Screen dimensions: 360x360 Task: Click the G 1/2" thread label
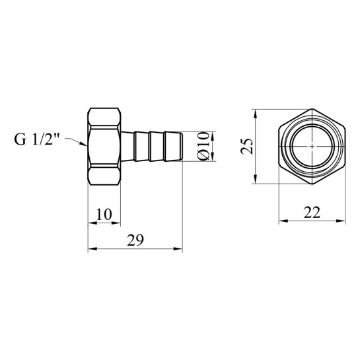point(37,139)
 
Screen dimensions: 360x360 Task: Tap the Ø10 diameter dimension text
point(203,146)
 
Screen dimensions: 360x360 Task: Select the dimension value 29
point(135,240)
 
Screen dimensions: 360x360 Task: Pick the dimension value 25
point(246,146)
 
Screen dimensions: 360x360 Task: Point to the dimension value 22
point(312,213)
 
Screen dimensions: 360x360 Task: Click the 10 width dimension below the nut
point(104,215)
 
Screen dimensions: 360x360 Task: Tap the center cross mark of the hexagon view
point(312,146)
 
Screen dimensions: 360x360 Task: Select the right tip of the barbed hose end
point(182,147)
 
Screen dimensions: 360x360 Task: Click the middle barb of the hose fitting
point(156,147)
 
